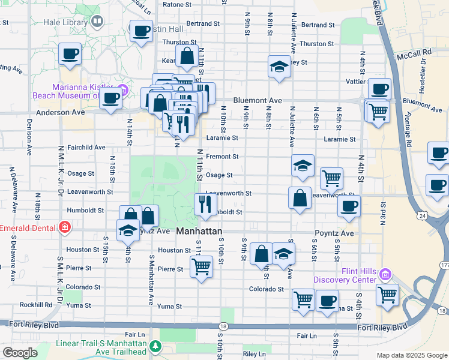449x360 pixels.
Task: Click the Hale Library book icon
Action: point(97,22)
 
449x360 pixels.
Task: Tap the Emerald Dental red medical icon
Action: point(64,228)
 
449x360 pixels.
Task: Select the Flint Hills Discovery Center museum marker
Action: point(385,275)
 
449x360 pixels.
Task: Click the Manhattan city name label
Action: point(199,232)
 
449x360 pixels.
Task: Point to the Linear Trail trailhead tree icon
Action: point(156,346)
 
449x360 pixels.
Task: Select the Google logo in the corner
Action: point(20,353)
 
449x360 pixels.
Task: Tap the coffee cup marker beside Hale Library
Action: point(142,31)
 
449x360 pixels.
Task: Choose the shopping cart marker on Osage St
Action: point(331,178)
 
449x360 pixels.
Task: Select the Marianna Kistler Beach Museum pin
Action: point(124,91)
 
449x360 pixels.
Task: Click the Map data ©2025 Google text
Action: point(411,355)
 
